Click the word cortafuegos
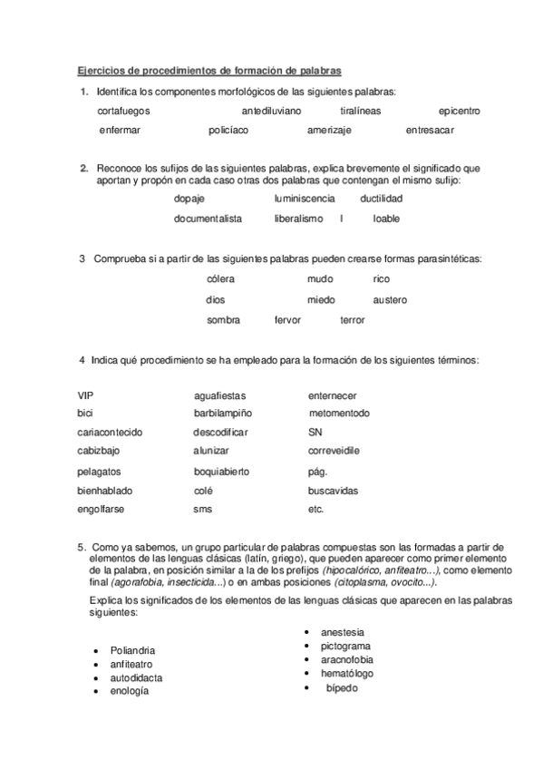tap(123, 111)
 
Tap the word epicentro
tap(459, 111)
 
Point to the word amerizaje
tap(330, 130)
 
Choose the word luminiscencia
tap(304, 198)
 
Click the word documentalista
tap(208, 219)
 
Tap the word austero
tap(390, 299)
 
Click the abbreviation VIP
tap(86, 395)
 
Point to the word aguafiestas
tap(219, 396)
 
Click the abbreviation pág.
tap(318, 472)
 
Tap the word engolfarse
tap(102, 509)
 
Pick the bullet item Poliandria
tap(132, 650)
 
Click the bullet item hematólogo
tap(347, 674)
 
